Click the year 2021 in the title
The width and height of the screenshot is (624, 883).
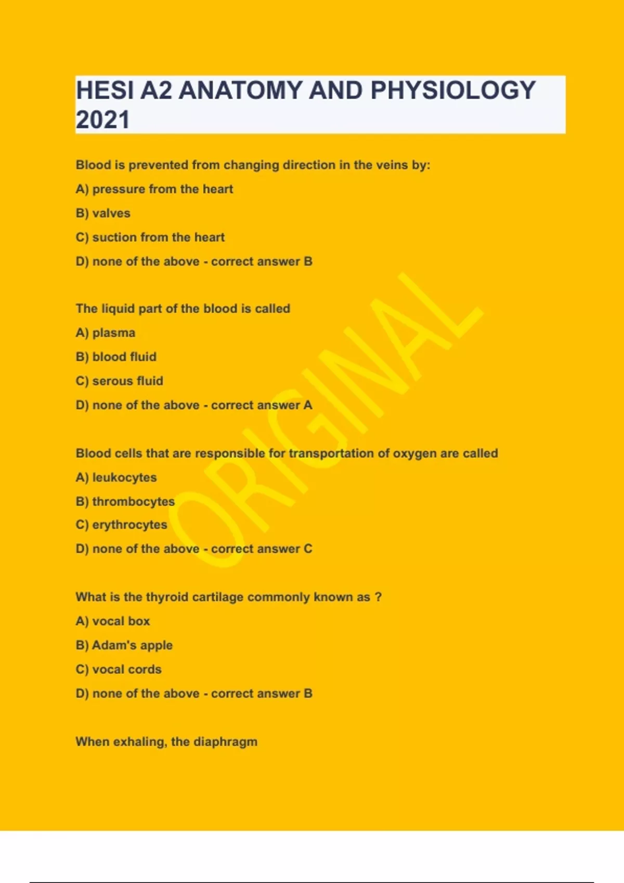coord(102,119)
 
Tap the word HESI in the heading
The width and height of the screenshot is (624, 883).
coord(105,90)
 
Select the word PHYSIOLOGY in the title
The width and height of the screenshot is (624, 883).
coord(452,90)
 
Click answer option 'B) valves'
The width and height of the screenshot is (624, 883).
coord(103,213)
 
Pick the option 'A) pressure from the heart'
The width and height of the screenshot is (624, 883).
coord(154,189)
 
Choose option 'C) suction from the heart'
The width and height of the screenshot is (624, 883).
coord(150,237)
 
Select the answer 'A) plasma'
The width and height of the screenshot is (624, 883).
coord(106,332)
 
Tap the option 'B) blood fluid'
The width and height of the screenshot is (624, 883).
coord(116,357)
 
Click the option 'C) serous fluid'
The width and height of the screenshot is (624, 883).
coord(120,381)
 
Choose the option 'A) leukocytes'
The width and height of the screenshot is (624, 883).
coord(116,477)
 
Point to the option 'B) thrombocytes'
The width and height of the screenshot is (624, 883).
coord(125,501)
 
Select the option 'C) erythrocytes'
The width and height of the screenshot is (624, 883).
coord(121,525)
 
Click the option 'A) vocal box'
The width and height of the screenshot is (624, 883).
coord(113,621)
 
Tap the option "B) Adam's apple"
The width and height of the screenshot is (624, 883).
coord(124,645)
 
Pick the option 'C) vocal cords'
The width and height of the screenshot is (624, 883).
coord(119,670)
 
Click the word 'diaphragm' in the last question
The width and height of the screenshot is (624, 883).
coord(225,742)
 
